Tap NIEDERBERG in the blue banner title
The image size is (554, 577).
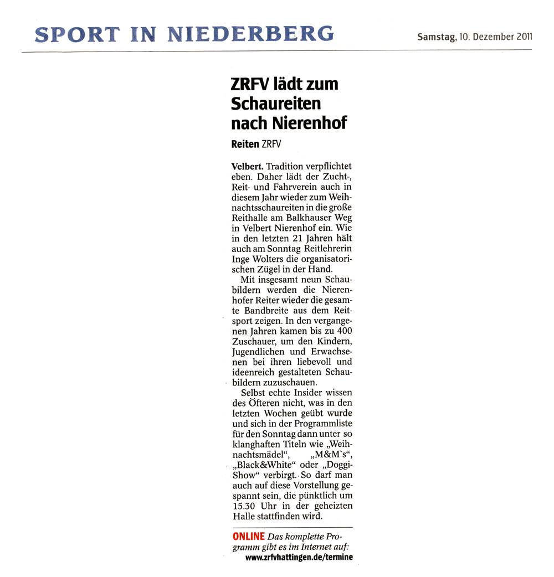click(x=250, y=34)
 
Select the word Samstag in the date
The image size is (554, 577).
click(x=437, y=38)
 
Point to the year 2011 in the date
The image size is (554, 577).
click(x=522, y=38)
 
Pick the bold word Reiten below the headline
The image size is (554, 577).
click(x=245, y=143)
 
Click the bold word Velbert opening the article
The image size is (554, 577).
click(x=247, y=166)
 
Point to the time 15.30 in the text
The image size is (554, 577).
click(x=244, y=507)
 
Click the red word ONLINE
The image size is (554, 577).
click(x=249, y=536)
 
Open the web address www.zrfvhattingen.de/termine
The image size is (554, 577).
click(x=299, y=557)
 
